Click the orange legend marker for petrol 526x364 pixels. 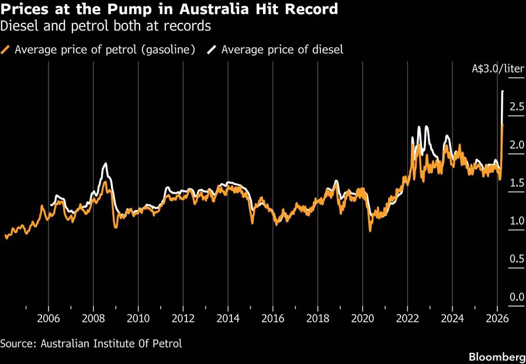[x=6, y=50]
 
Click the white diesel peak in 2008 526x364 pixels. [x=106, y=164]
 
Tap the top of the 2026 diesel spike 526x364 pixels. [x=503, y=91]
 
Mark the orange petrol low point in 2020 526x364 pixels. [x=370, y=231]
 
